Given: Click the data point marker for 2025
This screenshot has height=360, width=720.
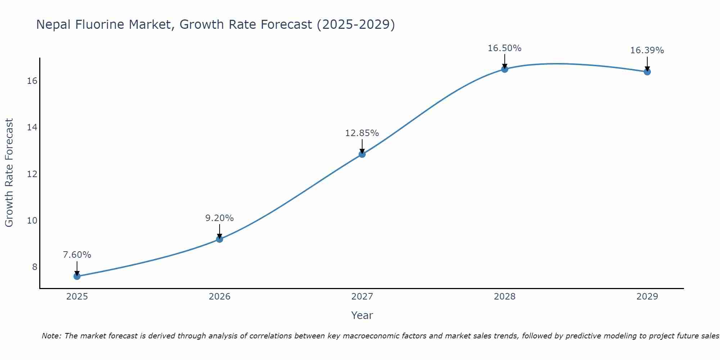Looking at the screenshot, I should click(77, 276).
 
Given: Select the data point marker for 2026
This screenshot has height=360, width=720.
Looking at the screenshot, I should click(220, 239).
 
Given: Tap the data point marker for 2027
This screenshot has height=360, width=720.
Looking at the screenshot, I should click(362, 154).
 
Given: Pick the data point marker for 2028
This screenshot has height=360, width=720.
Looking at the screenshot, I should click(505, 69).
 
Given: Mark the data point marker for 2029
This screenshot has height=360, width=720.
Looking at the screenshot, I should click(647, 72).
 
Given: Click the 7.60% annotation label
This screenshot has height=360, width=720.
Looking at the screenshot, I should click(77, 255).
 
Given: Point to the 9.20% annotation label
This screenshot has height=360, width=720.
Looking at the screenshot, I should click(220, 218).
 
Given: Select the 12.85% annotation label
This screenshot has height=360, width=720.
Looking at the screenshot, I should click(362, 133).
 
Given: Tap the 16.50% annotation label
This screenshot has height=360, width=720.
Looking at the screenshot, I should click(505, 48).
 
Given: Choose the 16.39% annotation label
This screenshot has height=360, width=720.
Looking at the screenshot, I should click(647, 50).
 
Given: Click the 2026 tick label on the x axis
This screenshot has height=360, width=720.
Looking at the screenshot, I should click(220, 297).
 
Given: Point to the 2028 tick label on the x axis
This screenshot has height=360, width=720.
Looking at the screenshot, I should click(505, 297).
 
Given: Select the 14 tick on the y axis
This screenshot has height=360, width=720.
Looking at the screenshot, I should click(32, 127).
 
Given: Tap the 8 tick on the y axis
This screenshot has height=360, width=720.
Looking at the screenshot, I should click(35, 267).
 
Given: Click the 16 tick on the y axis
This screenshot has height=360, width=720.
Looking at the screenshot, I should click(32, 81).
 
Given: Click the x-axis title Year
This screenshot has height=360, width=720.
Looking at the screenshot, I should click(362, 315).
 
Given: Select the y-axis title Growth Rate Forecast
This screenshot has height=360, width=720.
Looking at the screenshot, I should click(9, 173).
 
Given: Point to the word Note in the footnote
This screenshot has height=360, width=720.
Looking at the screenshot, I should click(51, 336).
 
